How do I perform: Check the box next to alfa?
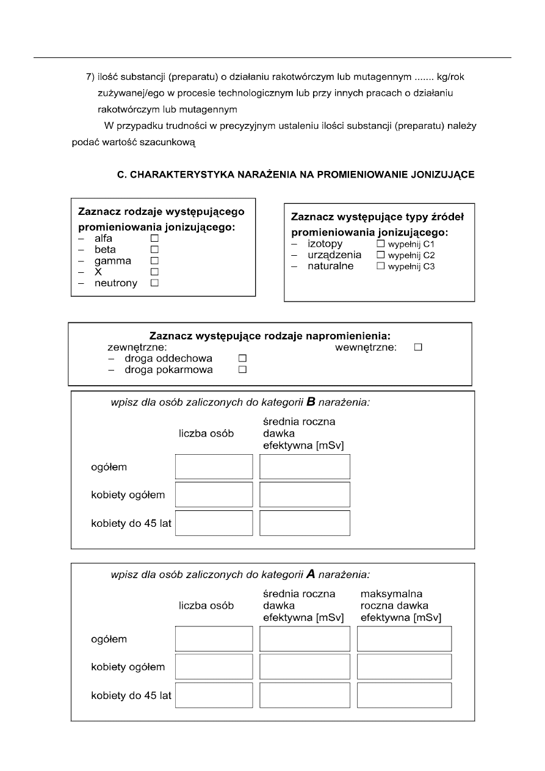154,239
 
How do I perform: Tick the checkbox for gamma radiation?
154,261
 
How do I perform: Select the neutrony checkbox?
154,283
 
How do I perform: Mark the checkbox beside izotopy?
381,244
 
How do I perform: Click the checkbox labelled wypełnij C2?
381,255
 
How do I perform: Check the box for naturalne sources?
381,266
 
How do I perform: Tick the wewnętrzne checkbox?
418,347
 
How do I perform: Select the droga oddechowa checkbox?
242,358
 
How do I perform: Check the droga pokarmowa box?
242,370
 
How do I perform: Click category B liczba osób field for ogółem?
214,467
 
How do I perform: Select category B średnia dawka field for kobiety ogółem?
305,494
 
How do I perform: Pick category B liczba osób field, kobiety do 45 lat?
214,523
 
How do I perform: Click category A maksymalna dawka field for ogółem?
404,639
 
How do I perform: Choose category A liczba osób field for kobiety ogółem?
214,667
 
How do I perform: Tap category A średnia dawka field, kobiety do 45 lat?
305,695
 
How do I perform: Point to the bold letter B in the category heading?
311,402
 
